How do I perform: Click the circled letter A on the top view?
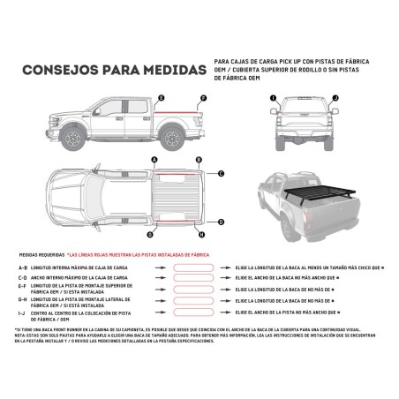(154, 160)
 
